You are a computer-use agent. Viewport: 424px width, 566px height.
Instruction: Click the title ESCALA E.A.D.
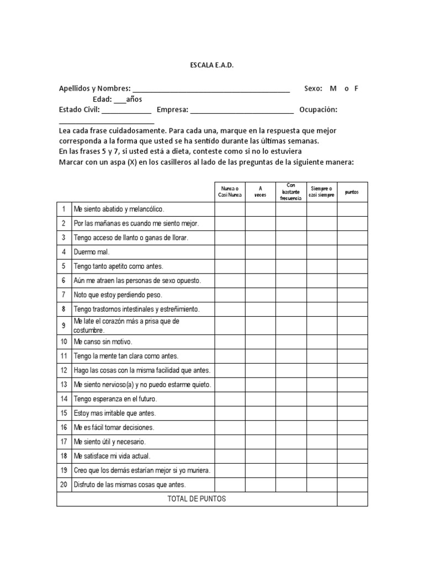211,65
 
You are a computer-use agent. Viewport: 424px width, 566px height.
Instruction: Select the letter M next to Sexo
333,88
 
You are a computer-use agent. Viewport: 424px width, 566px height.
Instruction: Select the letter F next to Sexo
357,88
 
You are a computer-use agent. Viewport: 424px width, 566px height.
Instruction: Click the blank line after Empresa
242,111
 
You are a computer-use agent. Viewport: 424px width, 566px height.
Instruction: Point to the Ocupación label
318,109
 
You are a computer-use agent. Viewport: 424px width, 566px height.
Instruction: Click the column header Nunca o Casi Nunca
230,191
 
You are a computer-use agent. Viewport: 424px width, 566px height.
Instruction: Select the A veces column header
260,191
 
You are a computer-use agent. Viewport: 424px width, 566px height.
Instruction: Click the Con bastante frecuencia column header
291,191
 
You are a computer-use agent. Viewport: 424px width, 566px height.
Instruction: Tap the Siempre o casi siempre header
322,191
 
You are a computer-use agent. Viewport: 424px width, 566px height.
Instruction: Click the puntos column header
352,192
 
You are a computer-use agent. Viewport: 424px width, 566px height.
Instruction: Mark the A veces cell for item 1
260,209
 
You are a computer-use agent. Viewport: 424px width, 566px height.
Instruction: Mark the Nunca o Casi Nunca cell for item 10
230,342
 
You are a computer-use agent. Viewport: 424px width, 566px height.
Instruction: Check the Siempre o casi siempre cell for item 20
322,485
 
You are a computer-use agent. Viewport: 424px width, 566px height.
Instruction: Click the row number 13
63,385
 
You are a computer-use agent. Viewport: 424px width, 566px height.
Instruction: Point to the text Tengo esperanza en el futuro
115,399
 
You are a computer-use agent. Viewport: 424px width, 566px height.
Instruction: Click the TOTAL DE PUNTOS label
197,499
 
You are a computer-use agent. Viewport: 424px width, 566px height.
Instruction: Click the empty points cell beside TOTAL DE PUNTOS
352,499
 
